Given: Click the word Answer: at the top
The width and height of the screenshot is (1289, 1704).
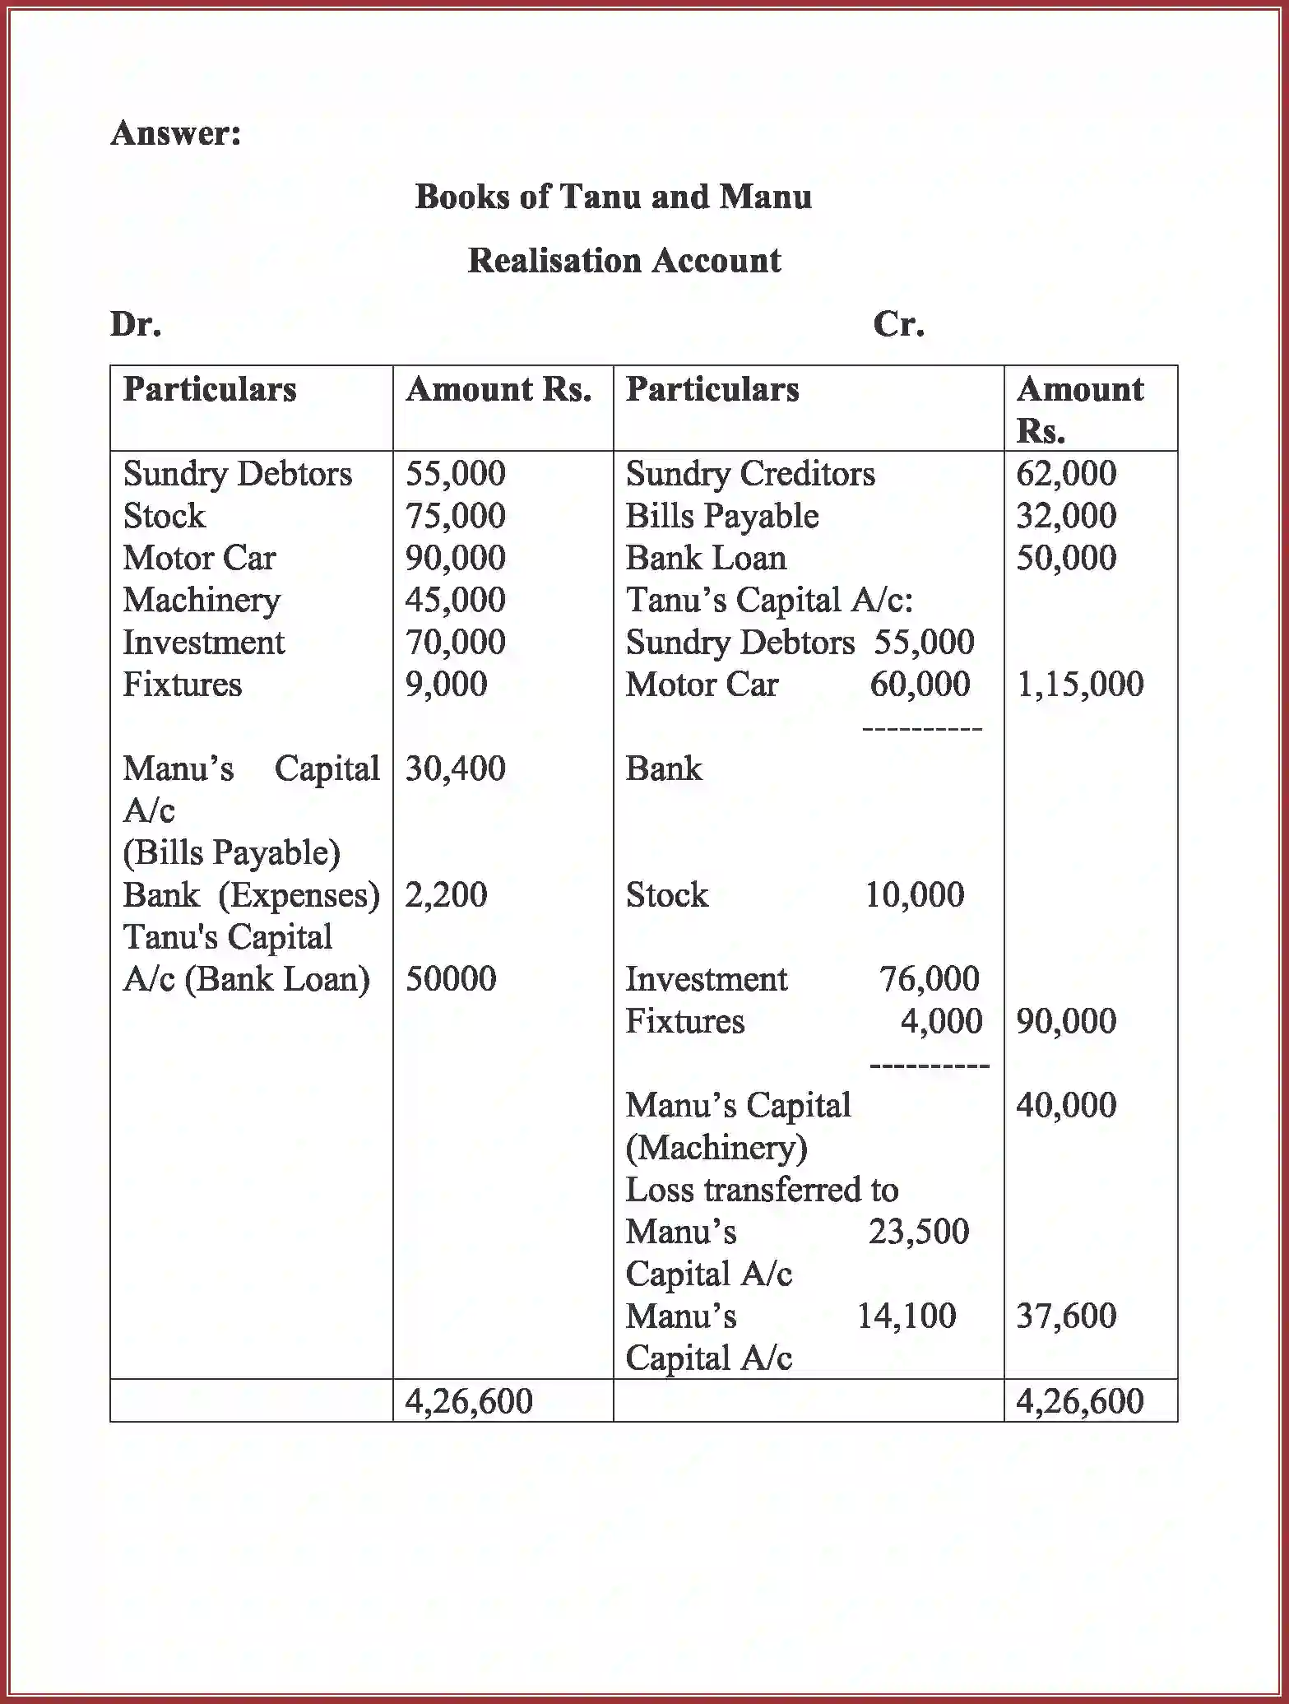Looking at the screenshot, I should (176, 133).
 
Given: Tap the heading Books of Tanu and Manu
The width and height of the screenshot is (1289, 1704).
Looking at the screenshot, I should (613, 197).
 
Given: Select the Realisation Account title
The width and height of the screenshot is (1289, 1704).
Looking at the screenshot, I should (624, 261).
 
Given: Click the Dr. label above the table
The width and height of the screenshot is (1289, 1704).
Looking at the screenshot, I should (136, 324).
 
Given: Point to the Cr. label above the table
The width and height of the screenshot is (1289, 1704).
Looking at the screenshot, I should (898, 324).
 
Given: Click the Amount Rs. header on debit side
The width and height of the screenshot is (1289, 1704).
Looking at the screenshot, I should (498, 389).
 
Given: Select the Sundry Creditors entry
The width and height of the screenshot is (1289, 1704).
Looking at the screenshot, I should (749, 474).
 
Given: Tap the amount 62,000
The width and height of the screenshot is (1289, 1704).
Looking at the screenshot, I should (1066, 474).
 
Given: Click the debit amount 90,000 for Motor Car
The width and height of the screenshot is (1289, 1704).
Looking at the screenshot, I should (455, 558).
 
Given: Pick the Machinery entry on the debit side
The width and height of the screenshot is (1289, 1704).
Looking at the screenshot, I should (202, 600).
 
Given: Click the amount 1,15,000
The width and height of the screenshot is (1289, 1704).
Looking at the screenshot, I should (1079, 685).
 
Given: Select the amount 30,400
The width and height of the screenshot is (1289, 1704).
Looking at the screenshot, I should (455, 768).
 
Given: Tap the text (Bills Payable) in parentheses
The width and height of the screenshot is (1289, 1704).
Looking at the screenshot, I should (231, 852).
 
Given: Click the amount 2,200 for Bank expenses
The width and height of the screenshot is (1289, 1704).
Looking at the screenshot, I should (446, 895).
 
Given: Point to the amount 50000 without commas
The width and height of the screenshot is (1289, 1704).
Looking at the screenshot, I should (450, 979).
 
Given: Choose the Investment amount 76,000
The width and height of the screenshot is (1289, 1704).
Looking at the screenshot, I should (929, 979).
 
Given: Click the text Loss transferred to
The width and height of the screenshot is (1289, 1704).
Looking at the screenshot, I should (762, 1190).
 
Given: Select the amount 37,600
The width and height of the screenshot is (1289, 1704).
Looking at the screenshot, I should (1066, 1316).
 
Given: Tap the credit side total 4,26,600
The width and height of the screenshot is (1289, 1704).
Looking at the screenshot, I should (1079, 1401).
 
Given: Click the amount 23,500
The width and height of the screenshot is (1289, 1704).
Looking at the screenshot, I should (919, 1232).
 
